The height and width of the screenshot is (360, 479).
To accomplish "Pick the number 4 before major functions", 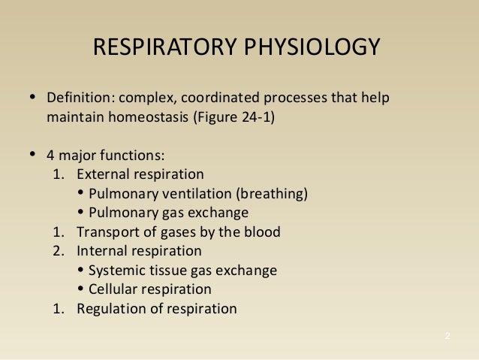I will pos(50,156).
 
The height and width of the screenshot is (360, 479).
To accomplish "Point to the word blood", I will pos(264,232).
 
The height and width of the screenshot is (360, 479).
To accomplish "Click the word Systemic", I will pos(113,271).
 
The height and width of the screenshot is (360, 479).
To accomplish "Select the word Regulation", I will pos(107,309).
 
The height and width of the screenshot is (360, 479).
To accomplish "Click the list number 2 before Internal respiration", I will pos(56,251).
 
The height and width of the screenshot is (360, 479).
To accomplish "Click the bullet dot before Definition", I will pos(32,98).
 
